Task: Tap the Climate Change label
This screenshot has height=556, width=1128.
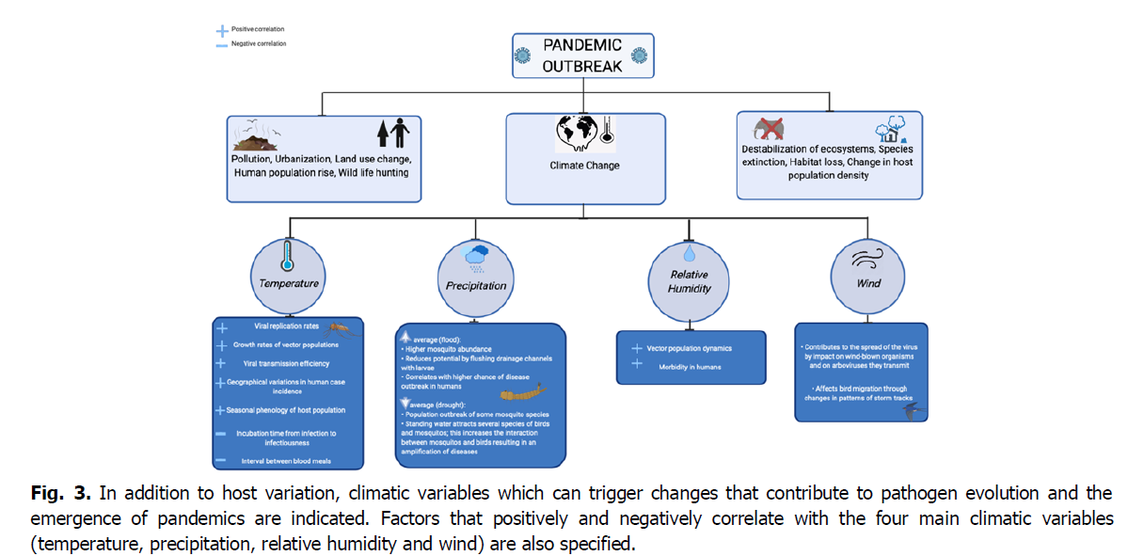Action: [584, 166]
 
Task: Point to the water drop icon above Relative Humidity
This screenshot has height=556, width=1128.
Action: [689, 254]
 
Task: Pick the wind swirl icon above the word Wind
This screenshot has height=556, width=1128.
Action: [867, 256]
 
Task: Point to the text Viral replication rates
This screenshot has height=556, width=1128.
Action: [287, 326]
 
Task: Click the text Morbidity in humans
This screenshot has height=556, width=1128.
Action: [690, 366]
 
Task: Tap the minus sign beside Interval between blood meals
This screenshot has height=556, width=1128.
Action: [221, 459]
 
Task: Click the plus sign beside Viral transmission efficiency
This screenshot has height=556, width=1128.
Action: [221, 362]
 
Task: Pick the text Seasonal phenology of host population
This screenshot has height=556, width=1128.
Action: [286, 410]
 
